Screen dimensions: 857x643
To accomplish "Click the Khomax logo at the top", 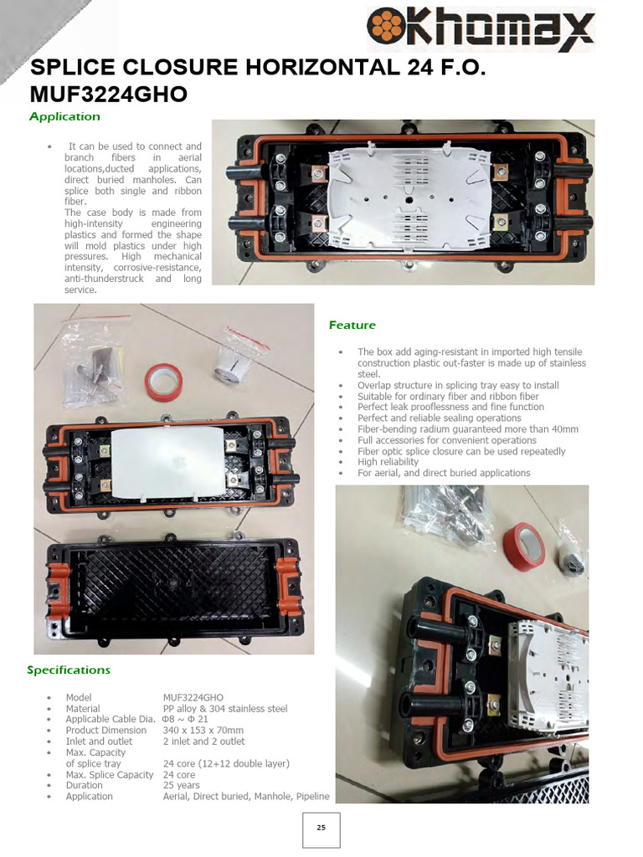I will point(482,28).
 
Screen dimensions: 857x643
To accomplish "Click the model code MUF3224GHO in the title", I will point(108,95).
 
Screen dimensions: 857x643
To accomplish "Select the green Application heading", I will point(64,116).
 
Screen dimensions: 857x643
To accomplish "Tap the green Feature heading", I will point(352,325).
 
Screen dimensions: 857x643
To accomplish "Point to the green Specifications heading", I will point(69,670).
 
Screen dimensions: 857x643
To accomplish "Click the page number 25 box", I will point(321,828).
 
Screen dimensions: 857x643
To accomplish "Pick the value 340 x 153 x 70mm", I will point(203,731).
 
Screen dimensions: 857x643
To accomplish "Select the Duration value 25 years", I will point(181,785).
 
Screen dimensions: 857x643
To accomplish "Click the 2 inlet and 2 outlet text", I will point(203,742).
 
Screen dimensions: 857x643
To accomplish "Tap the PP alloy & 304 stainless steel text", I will point(224,709).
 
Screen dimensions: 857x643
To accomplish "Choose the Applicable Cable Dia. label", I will point(111,720).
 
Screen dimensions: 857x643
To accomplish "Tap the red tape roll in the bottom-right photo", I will point(524,546).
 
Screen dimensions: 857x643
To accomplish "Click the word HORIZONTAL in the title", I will point(308,69).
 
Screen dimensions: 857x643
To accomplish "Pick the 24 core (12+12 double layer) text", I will point(226,763).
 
